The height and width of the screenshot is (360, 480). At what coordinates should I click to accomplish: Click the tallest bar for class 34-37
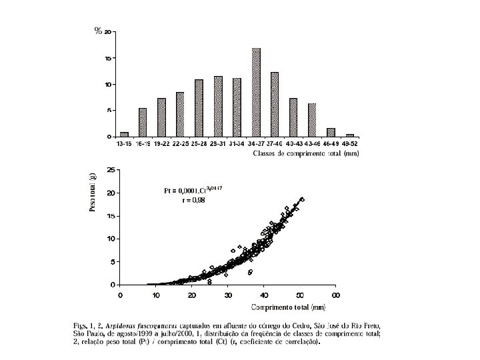click(256, 93)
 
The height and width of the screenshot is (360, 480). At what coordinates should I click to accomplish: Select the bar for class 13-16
click(123, 134)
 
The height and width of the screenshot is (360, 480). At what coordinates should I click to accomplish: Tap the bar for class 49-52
click(350, 135)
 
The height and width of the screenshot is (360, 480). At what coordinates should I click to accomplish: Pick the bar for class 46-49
click(331, 132)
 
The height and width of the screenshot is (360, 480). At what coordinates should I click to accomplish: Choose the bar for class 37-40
click(275, 104)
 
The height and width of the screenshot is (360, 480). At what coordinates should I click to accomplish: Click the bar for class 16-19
click(143, 122)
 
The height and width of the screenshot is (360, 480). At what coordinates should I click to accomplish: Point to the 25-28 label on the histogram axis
click(199, 143)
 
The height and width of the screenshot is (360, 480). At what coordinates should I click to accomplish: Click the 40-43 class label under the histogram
click(293, 143)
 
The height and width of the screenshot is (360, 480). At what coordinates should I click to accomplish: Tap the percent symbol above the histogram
click(98, 31)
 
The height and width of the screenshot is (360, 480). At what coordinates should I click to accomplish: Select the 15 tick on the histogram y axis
click(107, 59)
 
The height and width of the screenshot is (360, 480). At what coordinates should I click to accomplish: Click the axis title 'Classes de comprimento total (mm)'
click(307, 153)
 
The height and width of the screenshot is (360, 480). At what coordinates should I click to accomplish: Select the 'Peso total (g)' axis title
click(93, 191)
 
